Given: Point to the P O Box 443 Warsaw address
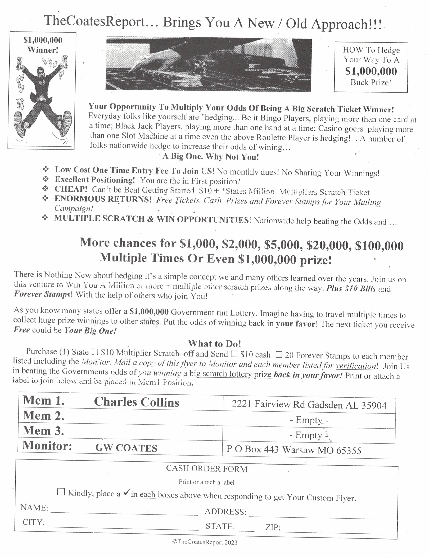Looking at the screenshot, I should tap(294, 450).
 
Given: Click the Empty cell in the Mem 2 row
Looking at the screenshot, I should tap(309, 420).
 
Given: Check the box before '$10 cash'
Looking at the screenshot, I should tap(234, 354).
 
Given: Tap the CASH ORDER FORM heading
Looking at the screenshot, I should tap(207, 469).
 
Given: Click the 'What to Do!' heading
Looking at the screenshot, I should tap(215, 344).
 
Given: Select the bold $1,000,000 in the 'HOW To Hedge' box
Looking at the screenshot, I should tap(371, 71).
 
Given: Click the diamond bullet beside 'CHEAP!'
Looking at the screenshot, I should tap(46, 189).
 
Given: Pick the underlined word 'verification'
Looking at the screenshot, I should tap(356, 366).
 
